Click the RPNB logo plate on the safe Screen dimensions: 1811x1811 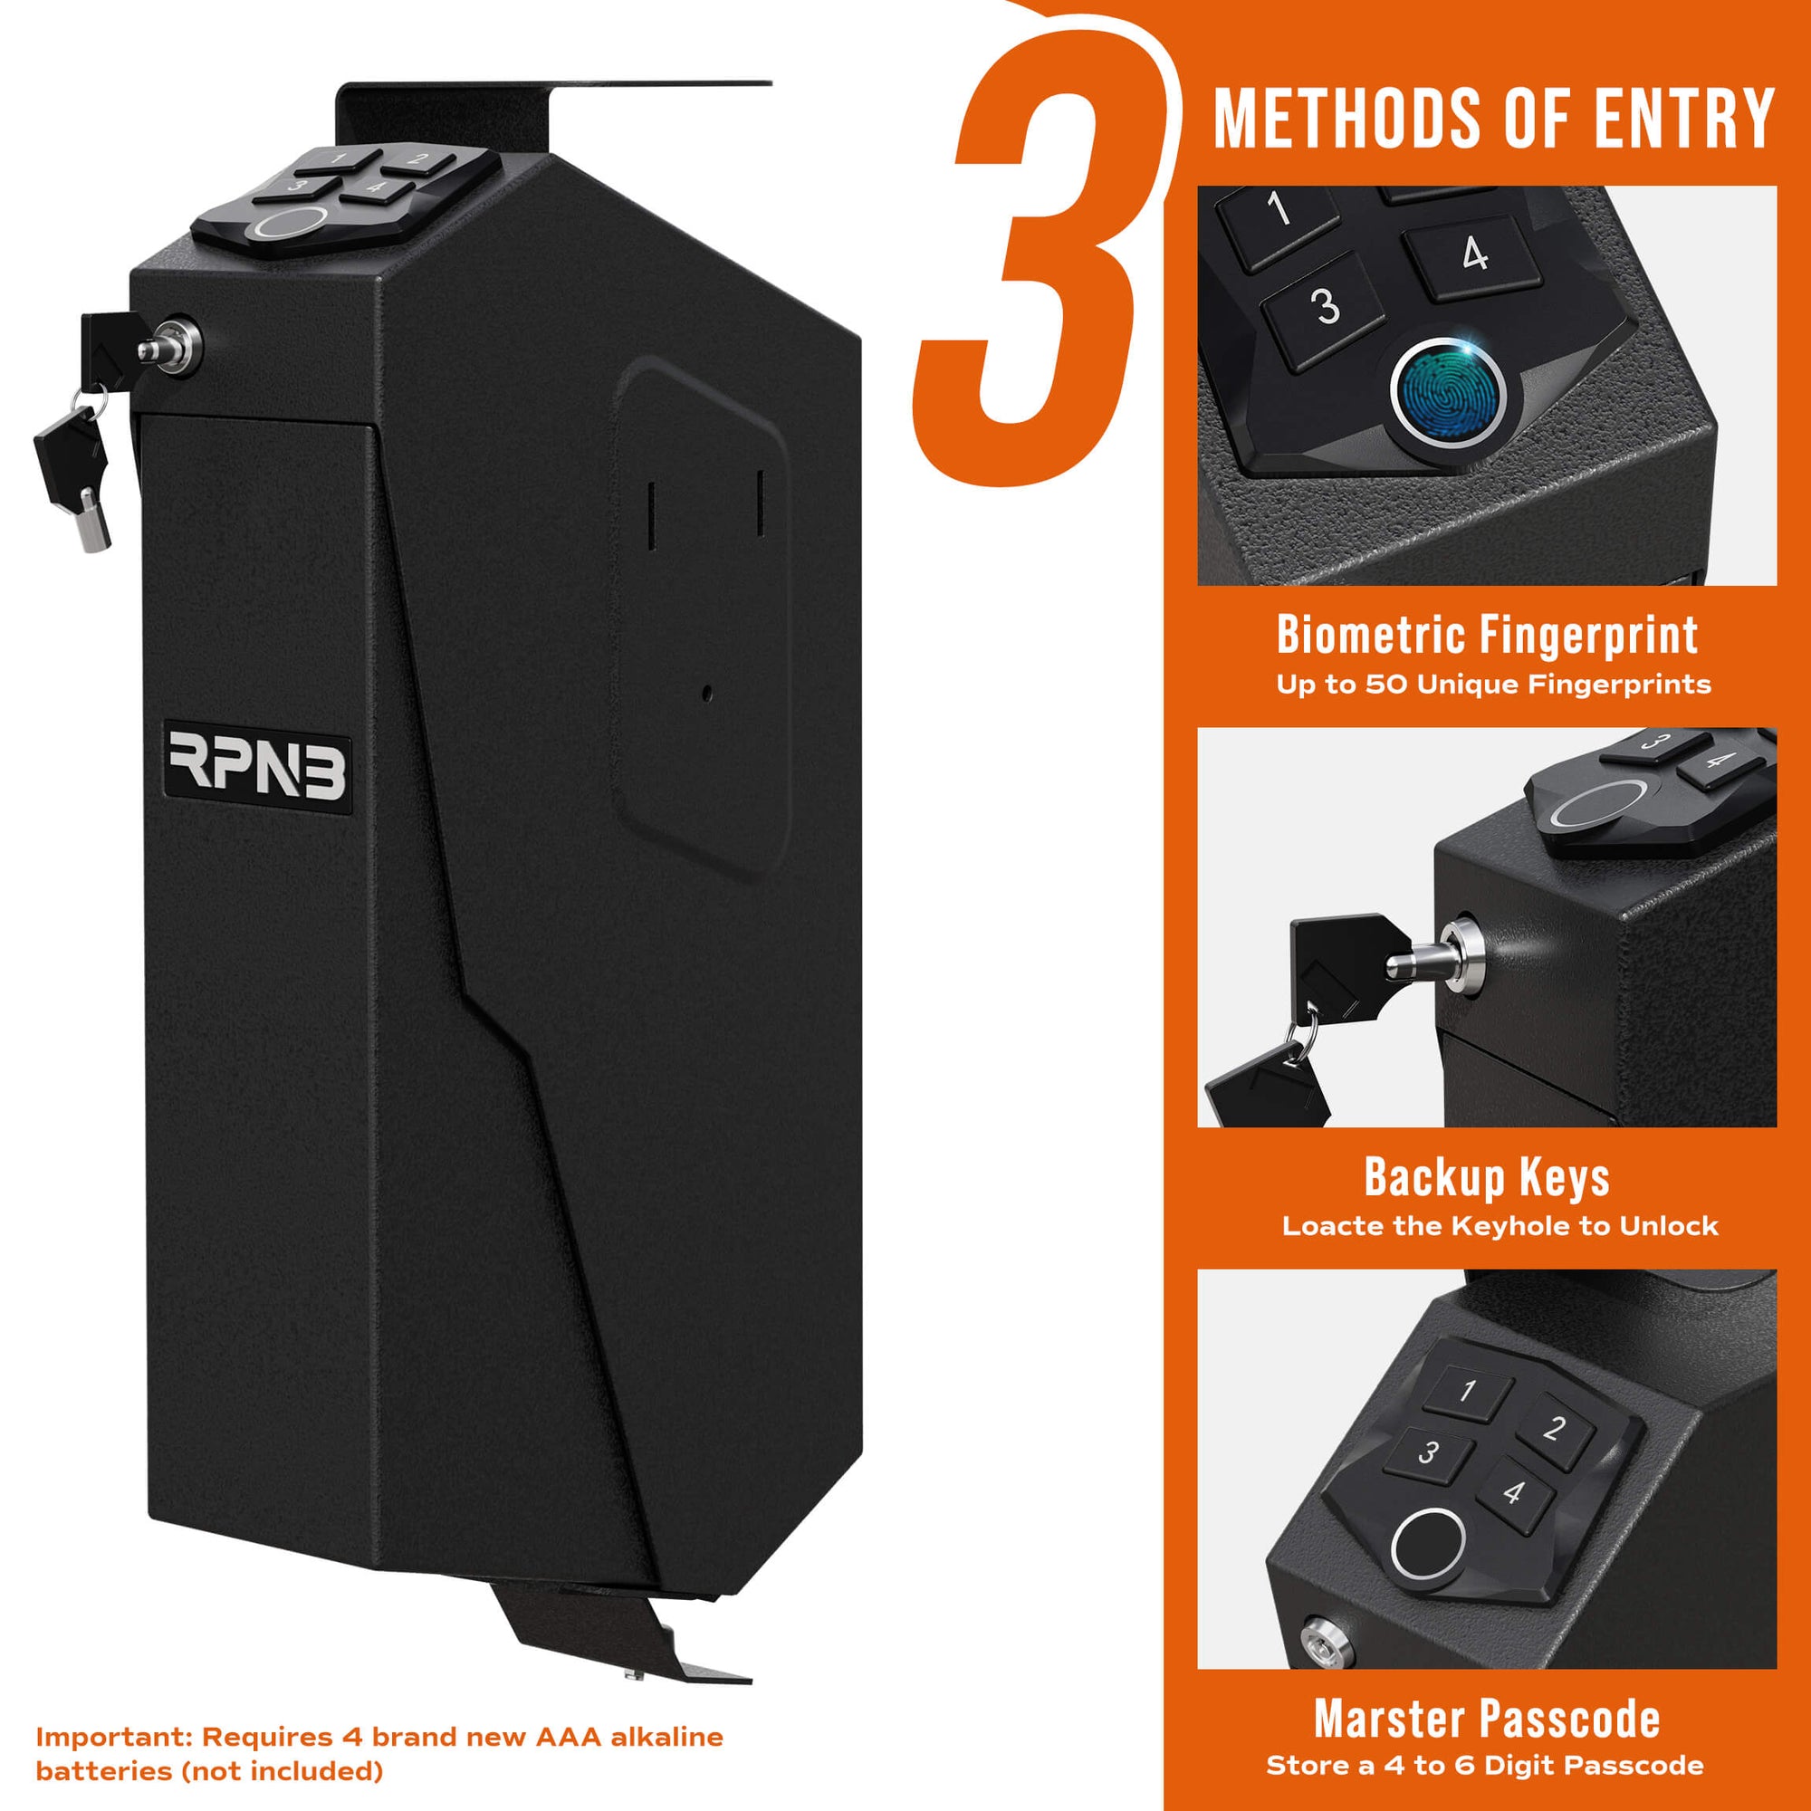tap(257, 766)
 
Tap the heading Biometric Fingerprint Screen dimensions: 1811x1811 tap(1487, 635)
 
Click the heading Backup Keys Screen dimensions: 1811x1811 tap(1487, 1176)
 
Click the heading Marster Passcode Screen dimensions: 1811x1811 tap(1487, 1719)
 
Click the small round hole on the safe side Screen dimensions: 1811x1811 tap(707, 695)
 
